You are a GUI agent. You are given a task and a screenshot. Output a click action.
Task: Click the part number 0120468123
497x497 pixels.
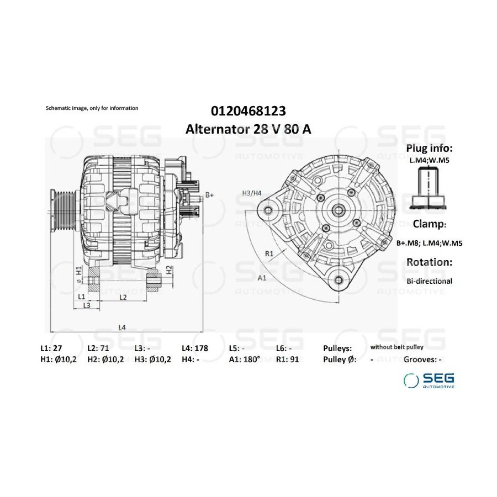[x=248, y=111]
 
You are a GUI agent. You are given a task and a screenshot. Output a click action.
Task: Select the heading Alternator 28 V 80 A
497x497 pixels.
[x=248, y=129]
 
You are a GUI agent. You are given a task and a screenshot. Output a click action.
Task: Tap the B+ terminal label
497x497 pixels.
[x=209, y=195]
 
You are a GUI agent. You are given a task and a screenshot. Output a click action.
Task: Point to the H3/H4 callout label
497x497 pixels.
[x=252, y=193]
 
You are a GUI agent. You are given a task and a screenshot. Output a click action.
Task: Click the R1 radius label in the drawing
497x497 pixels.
[x=269, y=253]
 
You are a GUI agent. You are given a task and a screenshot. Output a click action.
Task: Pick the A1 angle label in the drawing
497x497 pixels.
[x=262, y=278]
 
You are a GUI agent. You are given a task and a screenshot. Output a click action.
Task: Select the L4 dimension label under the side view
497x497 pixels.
[x=121, y=327]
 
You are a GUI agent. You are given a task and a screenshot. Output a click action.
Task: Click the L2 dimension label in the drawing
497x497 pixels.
[x=123, y=297]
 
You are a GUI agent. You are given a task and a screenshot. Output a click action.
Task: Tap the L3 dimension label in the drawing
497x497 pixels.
[x=87, y=305]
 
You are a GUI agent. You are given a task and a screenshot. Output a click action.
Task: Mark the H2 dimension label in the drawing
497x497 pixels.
[x=170, y=269]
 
